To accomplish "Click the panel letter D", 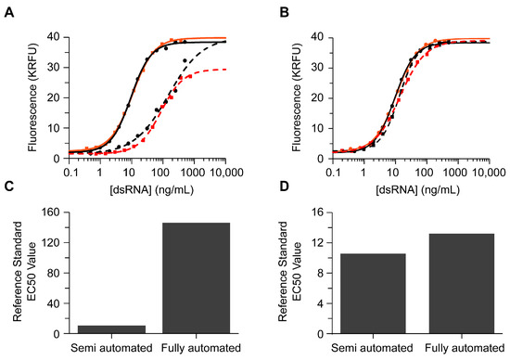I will point(267,191).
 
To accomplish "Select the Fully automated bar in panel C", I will point(196,278).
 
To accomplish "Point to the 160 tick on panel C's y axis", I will point(53,212).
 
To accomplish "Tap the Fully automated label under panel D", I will point(455,348).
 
